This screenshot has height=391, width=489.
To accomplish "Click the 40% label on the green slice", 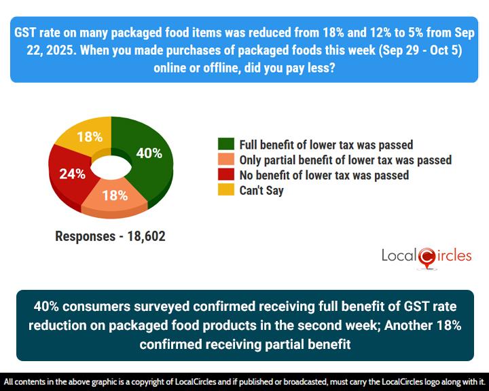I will click(x=149, y=153).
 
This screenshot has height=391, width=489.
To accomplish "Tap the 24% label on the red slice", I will click(x=71, y=174).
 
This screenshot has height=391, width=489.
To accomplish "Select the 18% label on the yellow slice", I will click(x=89, y=136).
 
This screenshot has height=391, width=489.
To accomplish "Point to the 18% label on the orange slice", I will click(x=115, y=195).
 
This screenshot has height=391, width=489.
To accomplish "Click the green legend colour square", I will click(x=225, y=144).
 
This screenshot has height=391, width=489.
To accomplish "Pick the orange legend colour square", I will click(x=225, y=160).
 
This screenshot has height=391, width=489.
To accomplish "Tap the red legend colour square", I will click(x=225, y=175).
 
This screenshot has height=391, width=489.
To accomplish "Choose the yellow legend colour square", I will click(x=225, y=191).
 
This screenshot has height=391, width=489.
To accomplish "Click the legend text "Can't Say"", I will click(x=261, y=191).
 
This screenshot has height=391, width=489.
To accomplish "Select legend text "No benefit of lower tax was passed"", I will click(x=324, y=175).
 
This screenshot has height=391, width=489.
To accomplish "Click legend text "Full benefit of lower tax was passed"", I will click(x=326, y=144).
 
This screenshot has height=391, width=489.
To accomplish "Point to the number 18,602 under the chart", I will click(x=141, y=237).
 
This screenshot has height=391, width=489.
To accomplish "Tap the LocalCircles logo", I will click(x=426, y=257).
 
